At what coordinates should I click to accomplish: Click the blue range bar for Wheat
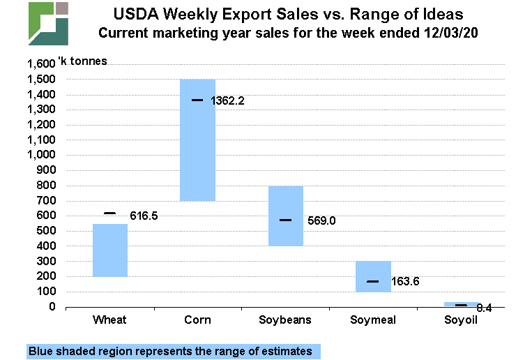(x=110, y=250)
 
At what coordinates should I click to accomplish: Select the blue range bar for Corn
(x=197, y=140)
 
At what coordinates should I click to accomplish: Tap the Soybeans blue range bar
(x=286, y=216)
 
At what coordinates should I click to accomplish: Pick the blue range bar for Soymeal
(x=373, y=276)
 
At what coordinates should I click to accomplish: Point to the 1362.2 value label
(x=227, y=100)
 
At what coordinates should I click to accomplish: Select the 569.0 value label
(x=321, y=220)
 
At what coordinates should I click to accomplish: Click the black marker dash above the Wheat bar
(x=110, y=213)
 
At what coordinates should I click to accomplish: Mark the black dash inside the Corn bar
(x=197, y=100)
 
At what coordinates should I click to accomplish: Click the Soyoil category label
(x=461, y=320)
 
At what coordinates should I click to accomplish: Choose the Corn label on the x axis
(x=197, y=320)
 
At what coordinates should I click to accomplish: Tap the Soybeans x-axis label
(x=286, y=320)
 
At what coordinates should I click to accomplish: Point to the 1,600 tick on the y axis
(x=40, y=64)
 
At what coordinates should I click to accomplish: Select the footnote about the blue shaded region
(x=170, y=351)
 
